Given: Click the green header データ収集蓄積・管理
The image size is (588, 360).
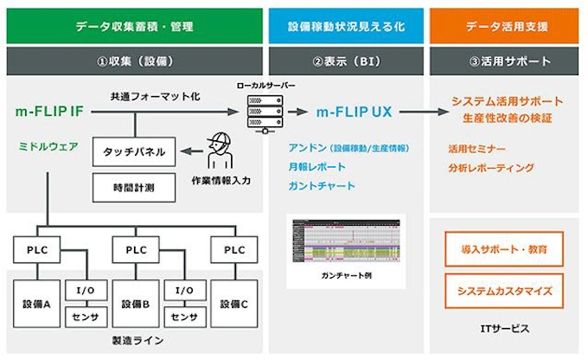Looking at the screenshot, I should (133, 26).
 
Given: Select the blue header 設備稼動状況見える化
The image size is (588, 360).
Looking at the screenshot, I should (345, 26).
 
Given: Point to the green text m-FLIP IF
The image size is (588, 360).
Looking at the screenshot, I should (49, 112).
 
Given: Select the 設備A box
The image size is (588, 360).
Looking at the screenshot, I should (38, 304).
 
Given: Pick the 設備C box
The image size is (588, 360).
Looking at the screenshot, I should (235, 304).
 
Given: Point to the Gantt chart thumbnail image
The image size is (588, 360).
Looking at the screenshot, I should (345, 241).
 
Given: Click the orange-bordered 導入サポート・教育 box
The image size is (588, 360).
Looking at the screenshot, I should (503, 248).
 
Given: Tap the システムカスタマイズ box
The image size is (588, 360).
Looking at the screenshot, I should (503, 291).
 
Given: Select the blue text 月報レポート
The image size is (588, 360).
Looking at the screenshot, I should (317, 166).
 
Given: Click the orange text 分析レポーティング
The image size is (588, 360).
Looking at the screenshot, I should (491, 168).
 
